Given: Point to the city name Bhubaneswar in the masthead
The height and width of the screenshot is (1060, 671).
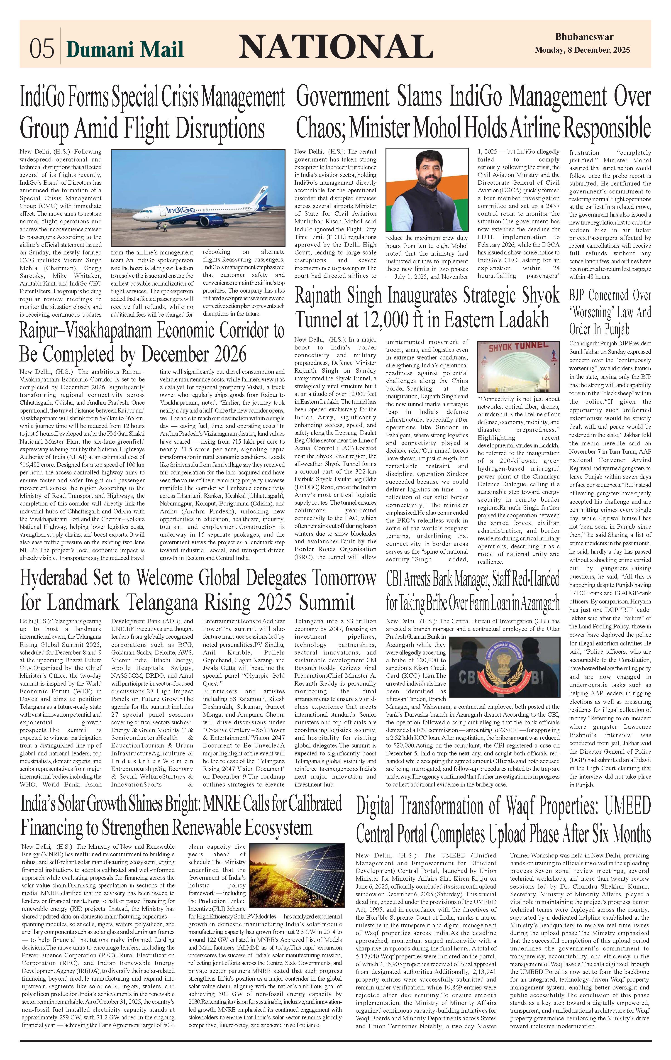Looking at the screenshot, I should [584, 37].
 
